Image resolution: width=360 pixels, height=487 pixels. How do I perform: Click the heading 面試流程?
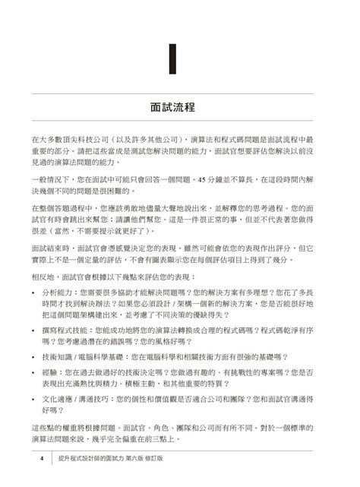point(179,105)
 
